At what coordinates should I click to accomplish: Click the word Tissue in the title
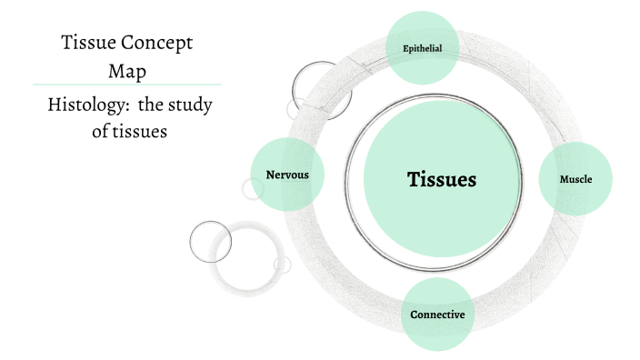(x=87, y=43)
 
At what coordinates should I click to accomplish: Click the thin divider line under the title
(x=127, y=85)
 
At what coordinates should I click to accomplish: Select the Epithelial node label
(x=421, y=48)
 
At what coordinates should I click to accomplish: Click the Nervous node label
(x=287, y=175)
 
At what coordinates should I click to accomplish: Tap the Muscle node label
(x=575, y=179)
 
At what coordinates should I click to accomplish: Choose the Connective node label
(x=437, y=315)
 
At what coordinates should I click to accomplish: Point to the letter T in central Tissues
(x=413, y=179)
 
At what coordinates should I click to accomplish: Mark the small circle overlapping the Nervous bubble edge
(x=253, y=188)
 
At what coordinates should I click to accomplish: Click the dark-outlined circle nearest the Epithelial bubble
(x=315, y=87)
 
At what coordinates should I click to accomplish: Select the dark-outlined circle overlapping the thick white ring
(x=210, y=241)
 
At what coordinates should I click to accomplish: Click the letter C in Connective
(x=415, y=315)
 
